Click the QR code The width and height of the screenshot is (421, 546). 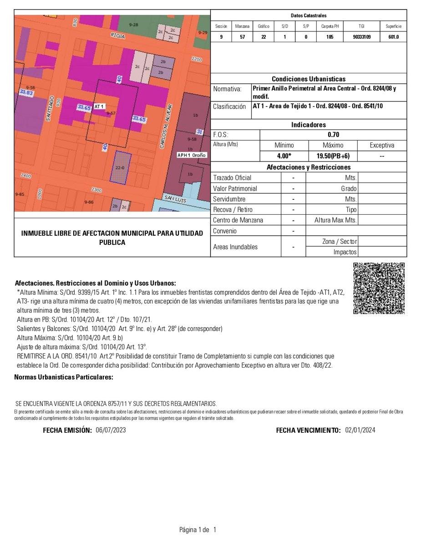tap(379, 288)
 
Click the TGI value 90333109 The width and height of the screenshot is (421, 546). tap(361, 37)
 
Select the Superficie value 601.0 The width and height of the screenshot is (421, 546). tap(393, 37)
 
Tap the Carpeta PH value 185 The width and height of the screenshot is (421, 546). tap(330, 37)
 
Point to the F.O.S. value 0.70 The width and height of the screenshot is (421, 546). tap(333, 135)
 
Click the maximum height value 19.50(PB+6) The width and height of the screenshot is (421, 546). tap(333, 156)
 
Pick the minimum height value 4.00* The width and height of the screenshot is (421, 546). tap(284, 156)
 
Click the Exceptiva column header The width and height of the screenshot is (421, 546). tap(382, 146)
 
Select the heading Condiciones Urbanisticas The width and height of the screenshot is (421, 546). tap(308, 79)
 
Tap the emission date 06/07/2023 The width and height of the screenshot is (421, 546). tap(111, 430)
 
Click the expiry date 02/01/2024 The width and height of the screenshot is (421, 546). tap(360, 430)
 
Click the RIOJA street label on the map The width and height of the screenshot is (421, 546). tap(117, 35)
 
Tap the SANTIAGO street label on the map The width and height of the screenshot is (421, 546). tap(49, 108)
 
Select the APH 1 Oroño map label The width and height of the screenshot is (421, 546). tap(192, 155)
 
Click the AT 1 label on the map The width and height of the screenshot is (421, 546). tap(99, 106)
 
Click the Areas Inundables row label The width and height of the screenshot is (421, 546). tap(235, 247)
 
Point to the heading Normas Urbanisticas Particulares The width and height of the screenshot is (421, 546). tap(64, 377)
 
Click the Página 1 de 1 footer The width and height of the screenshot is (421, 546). tap(198, 530)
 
